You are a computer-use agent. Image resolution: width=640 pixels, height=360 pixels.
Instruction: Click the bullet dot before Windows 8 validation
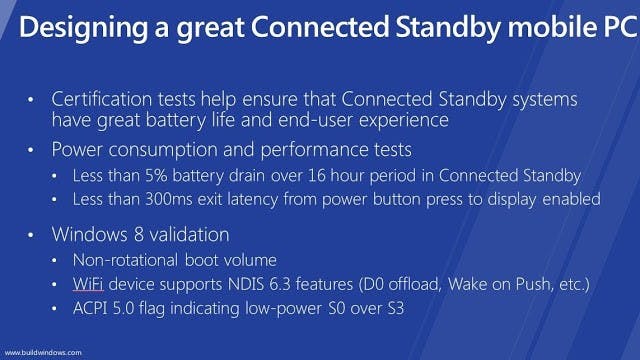click(30, 236)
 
